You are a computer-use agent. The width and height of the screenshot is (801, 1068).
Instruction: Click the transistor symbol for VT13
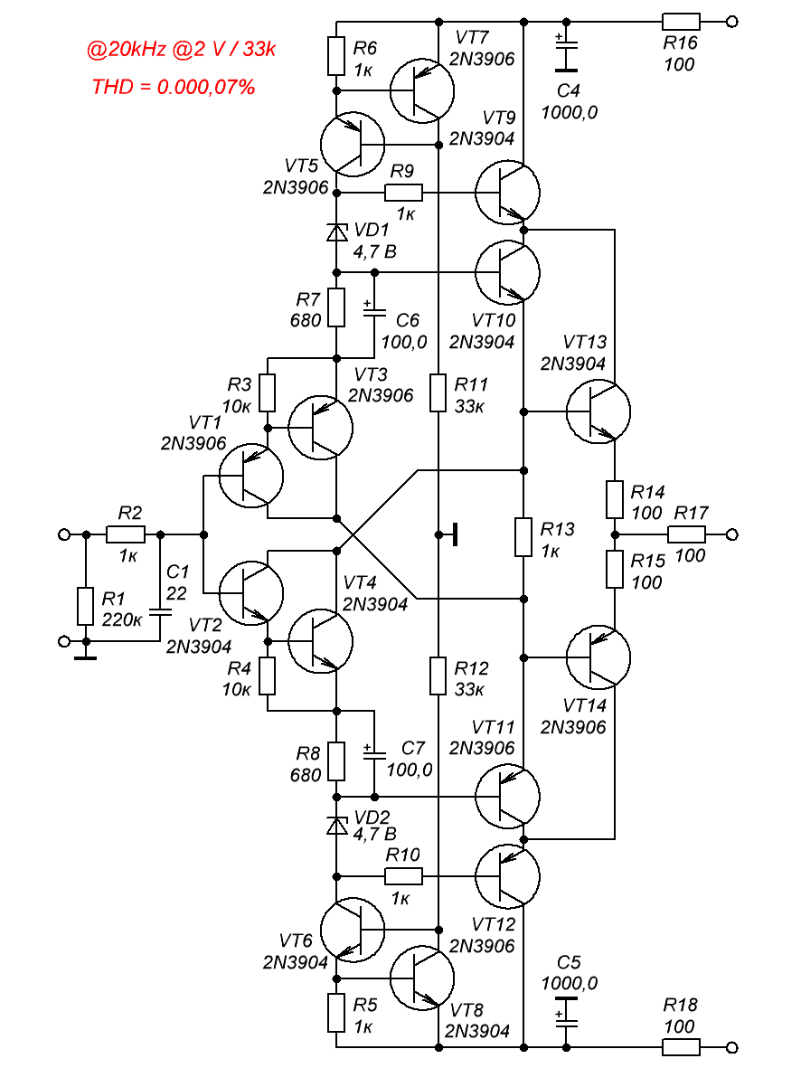pyautogui.click(x=598, y=411)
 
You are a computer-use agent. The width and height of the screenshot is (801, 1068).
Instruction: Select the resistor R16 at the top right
pyautogui.click(x=681, y=22)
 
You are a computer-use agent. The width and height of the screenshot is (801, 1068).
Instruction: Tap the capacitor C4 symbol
pyautogui.click(x=565, y=54)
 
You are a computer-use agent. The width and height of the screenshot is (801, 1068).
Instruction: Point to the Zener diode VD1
pyautogui.click(x=336, y=232)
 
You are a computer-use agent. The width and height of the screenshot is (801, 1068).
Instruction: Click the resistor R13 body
pyautogui.click(x=523, y=536)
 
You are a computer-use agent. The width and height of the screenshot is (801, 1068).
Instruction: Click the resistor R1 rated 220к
pyautogui.click(x=85, y=606)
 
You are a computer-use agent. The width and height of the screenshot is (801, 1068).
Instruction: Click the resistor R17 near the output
pyautogui.click(x=686, y=534)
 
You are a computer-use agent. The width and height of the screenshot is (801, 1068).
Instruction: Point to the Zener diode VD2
pyautogui.click(x=336, y=825)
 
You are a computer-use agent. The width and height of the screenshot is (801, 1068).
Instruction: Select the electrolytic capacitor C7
pyautogui.click(x=372, y=752)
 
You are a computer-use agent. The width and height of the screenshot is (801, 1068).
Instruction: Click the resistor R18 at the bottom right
pyautogui.click(x=681, y=1047)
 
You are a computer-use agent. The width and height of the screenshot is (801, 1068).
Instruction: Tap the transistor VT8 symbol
pyautogui.click(x=422, y=977)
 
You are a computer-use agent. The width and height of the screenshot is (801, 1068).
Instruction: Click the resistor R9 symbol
pyautogui.click(x=403, y=192)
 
